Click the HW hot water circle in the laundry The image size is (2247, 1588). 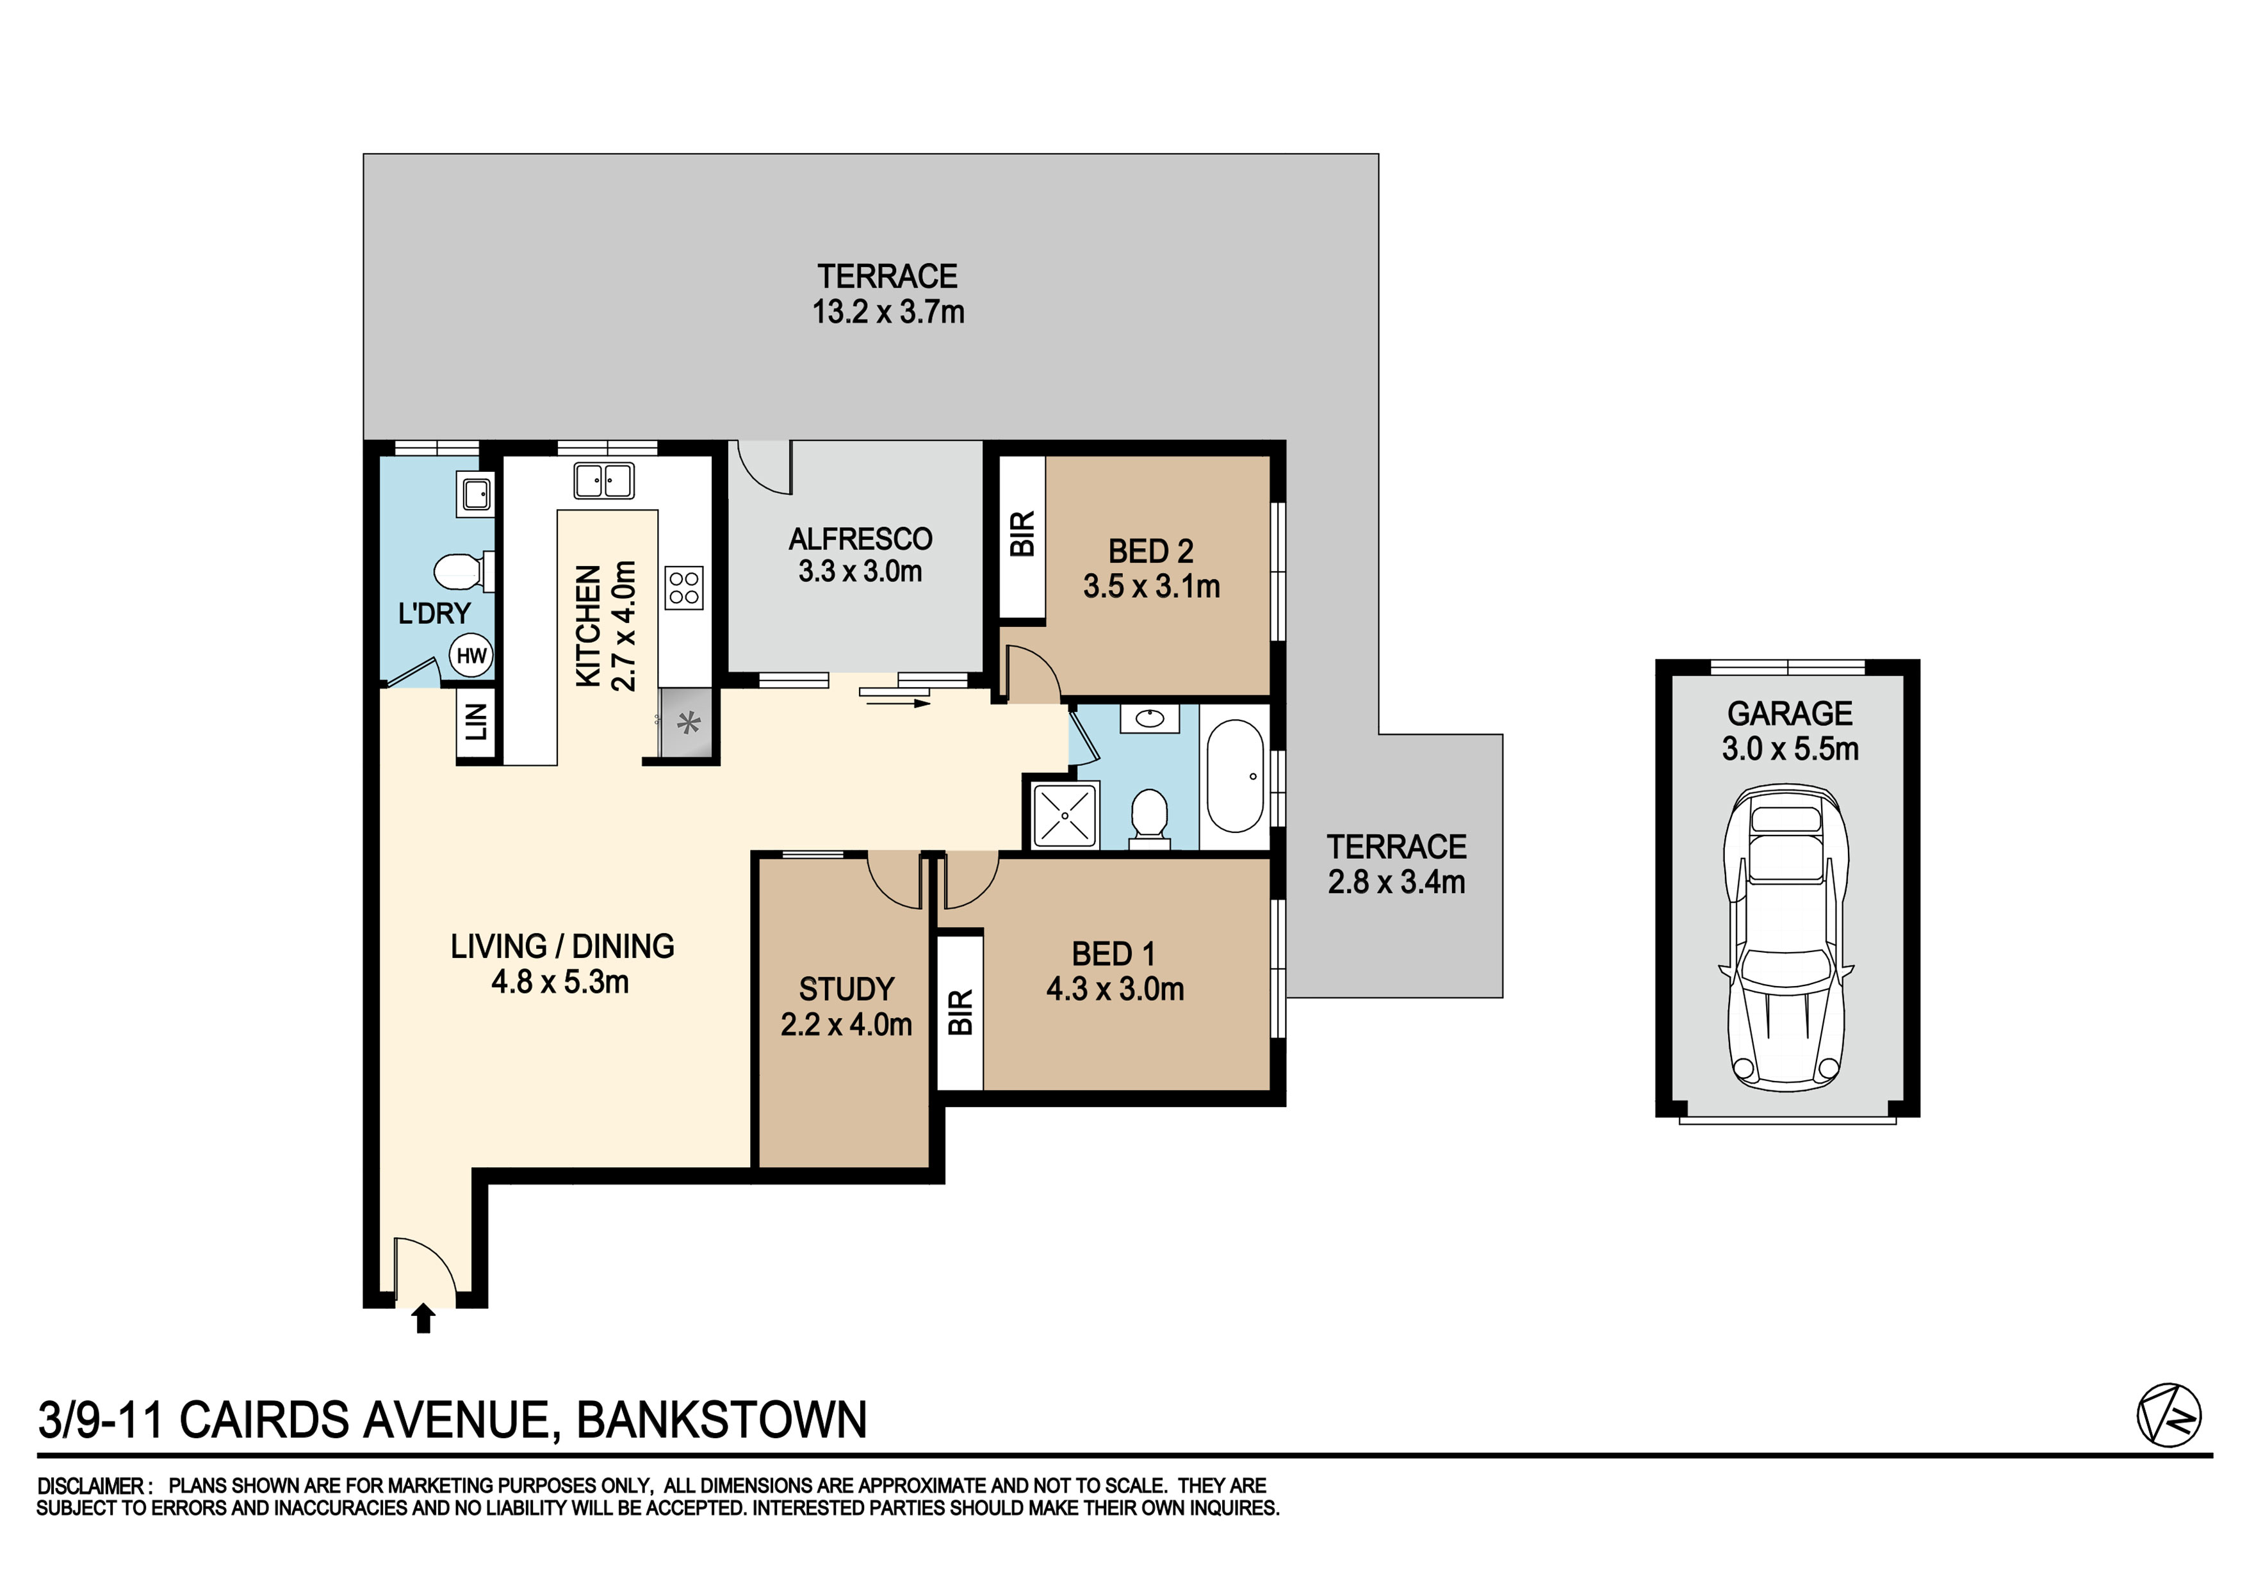(471, 656)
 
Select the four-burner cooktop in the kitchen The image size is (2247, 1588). (683, 588)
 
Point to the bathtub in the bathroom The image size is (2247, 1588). (1235, 777)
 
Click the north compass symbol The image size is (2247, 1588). (2169, 1415)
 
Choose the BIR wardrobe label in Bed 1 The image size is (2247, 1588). (961, 1012)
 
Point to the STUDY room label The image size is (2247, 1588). (847, 989)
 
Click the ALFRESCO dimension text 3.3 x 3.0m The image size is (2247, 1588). (860, 571)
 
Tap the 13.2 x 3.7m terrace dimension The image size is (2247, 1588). (888, 312)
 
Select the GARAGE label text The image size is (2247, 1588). (1790, 713)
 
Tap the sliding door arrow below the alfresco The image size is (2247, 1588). (894, 702)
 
